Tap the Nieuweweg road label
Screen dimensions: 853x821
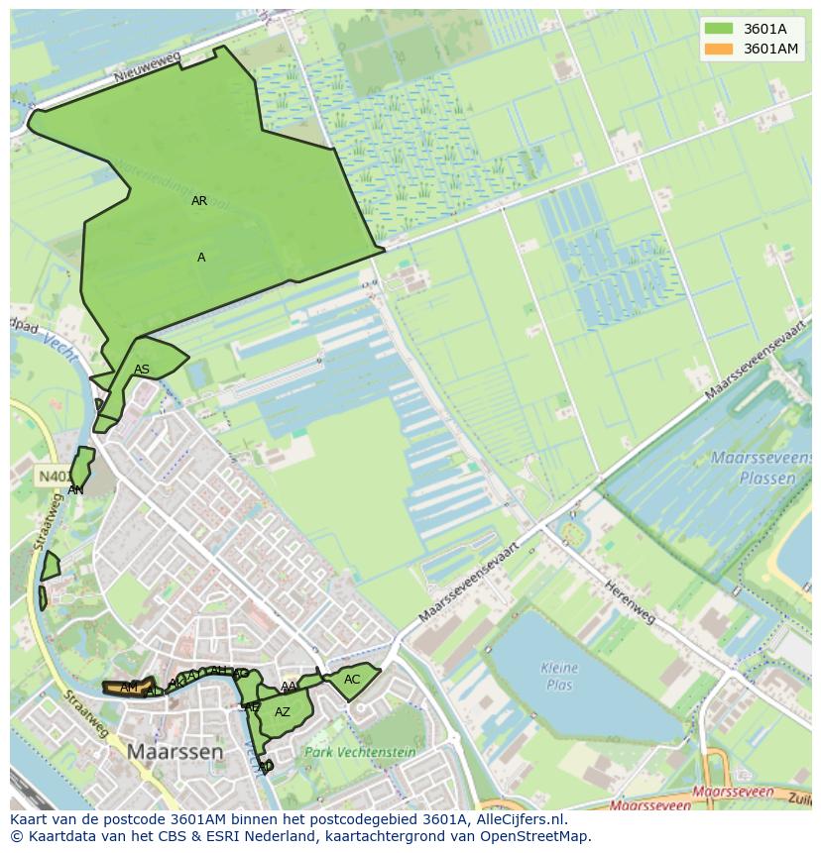(147, 67)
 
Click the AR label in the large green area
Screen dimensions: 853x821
(199, 201)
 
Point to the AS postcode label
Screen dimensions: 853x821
(142, 370)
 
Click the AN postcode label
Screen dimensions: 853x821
(75, 489)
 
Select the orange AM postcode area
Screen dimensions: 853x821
(128, 687)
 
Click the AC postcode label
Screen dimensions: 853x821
(352, 680)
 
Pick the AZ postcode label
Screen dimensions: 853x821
(283, 712)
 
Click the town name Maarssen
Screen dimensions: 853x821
(175, 752)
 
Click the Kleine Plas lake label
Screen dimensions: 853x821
(559, 676)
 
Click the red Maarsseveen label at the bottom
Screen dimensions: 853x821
(733, 793)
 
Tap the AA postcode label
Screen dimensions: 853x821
(289, 687)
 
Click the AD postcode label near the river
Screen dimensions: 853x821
(265, 766)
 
